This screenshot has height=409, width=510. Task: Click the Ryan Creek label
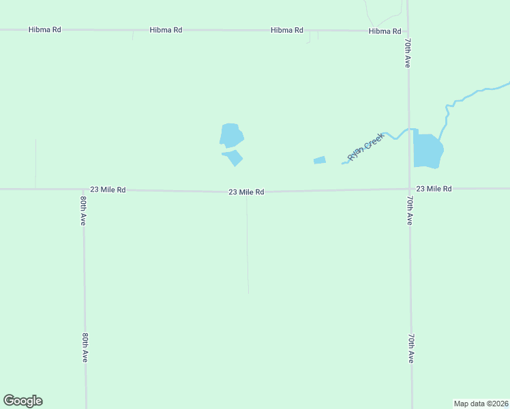(x=366, y=146)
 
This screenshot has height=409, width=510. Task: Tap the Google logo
(x=23, y=401)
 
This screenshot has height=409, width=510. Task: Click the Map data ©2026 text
(x=481, y=403)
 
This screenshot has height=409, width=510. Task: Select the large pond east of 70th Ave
(x=427, y=151)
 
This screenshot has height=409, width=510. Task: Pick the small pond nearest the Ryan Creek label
(x=320, y=160)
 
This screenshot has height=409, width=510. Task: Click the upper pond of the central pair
(x=231, y=135)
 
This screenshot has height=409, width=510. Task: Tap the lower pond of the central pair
(x=234, y=157)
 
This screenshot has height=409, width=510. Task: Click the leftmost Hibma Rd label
(x=45, y=30)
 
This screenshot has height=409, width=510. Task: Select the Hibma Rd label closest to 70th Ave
(x=385, y=31)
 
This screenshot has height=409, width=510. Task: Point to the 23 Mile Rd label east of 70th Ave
(x=434, y=188)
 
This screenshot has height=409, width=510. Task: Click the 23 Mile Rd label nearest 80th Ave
(x=108, y=190)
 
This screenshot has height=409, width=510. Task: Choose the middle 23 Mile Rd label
(x=246, y=192)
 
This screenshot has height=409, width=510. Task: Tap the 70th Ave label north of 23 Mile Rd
(x=407, y=52)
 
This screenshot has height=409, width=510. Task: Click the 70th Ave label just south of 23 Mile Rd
(x=409, y=211)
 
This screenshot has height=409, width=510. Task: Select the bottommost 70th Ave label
(x=410, y=348)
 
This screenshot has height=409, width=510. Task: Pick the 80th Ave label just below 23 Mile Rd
(x=83, y=211)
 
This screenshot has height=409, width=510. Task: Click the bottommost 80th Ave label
(x=85, y=347)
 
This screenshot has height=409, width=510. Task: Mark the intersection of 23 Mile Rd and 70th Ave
(x=409, y=189)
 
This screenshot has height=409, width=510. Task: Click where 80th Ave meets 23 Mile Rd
(x=83, y=190)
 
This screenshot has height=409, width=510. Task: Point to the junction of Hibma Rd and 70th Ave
(x=408, y=31)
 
